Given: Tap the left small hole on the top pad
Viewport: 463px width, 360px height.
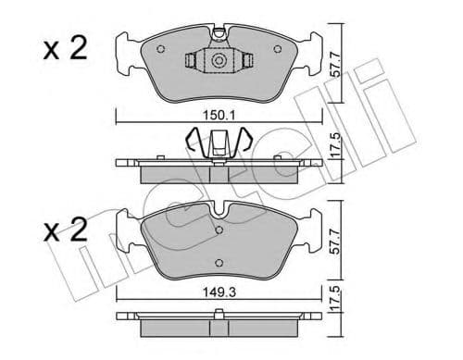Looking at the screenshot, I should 161,51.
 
